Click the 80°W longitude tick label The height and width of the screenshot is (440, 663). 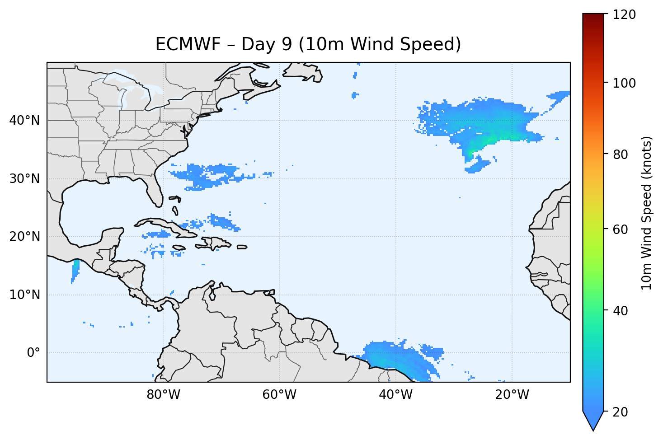coord(163,395)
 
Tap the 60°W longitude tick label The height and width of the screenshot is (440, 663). coord(279,395)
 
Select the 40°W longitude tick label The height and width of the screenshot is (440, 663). coord(395,395)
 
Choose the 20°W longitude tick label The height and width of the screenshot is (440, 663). coord(512,395)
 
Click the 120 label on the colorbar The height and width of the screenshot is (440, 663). coord(624,14)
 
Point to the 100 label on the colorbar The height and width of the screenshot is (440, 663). coord(624,83)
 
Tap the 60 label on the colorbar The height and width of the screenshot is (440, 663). coord(621,229)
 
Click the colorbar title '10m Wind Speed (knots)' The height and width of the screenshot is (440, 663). coord(647,213)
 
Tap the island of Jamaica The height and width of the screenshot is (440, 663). coord(179,248)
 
